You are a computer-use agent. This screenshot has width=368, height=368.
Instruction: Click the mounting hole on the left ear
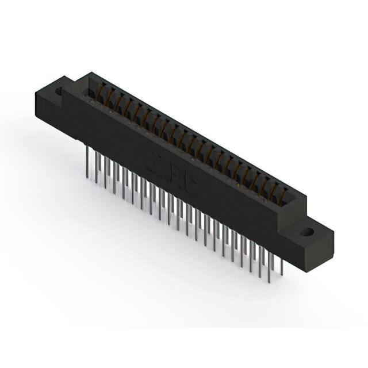click(x=58, y=91)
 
